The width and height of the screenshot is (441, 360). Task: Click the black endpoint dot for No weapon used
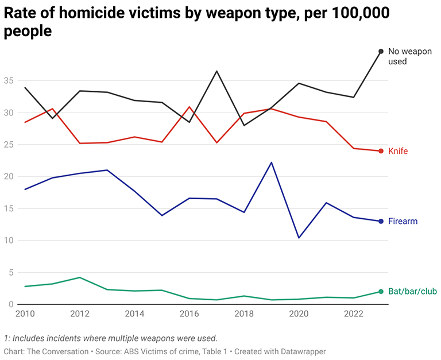tap(381, 52)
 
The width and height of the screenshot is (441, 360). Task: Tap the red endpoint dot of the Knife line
tap(381, 151)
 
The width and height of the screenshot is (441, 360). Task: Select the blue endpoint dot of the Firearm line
tap(381, 221)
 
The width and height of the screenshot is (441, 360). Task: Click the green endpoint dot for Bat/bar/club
tap(381, 292)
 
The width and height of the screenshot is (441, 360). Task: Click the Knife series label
tap(398, 151)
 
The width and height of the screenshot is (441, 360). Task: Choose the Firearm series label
tap(403, 221)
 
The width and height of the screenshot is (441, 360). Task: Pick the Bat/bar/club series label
tap(412, 292)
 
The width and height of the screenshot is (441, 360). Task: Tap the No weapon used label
tap(409, 56)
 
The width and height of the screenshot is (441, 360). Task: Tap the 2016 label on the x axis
tap(189, 314)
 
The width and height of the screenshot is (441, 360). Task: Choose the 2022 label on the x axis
tap(353, 314)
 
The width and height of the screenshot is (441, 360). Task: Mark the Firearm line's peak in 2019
tap(271, 162)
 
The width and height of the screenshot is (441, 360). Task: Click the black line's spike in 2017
tap(216, 71)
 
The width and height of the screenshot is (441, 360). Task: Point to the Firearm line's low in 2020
tap(299, 238)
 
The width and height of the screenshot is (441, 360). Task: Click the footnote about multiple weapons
tap(110, 338)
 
